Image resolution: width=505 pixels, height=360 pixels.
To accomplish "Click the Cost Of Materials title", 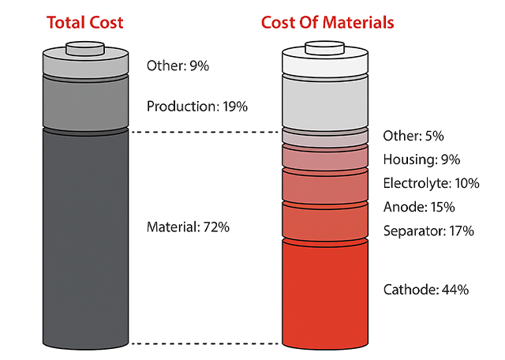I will coord(327,22).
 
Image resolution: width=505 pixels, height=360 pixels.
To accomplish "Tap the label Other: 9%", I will coord(178,66).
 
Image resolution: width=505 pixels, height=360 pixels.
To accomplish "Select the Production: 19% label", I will coord(197,106).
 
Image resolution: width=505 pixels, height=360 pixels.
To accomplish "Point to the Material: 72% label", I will coord(188,227).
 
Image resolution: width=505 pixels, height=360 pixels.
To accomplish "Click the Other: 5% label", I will coord(412,136).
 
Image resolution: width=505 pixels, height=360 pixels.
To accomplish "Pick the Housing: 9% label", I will coord(421,159).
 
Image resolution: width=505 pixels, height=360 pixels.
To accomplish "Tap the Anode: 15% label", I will coord(418,207).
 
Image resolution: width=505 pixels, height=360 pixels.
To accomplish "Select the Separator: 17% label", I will coord(428,231).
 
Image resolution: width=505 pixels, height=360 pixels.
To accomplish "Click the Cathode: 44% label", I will coord(426,290).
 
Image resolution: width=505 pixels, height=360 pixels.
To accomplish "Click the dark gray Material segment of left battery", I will coord(85,237).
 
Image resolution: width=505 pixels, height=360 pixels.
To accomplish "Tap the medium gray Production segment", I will coord(85,101).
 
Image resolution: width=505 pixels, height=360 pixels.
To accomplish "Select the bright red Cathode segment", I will coord(325,292).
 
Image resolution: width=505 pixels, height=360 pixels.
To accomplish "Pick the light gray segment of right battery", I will coord(325,100).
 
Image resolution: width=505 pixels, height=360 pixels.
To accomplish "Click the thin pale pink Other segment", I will coord(325,137).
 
